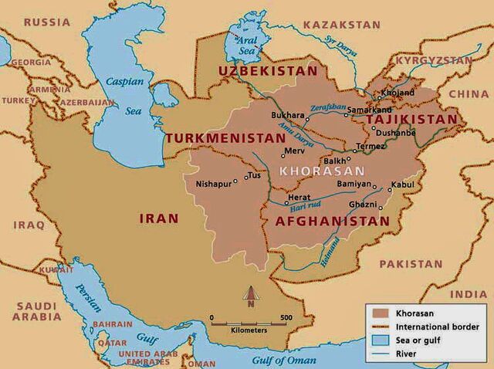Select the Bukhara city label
(x=287, y=115)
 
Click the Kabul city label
(x=402, y=184)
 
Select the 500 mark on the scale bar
(x=286, y=317)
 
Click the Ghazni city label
(x=362, y=205)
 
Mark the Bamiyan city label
(x=353, y=185)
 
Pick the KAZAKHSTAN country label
(x=341, y=25)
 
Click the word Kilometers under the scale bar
(x=249, y=330)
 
